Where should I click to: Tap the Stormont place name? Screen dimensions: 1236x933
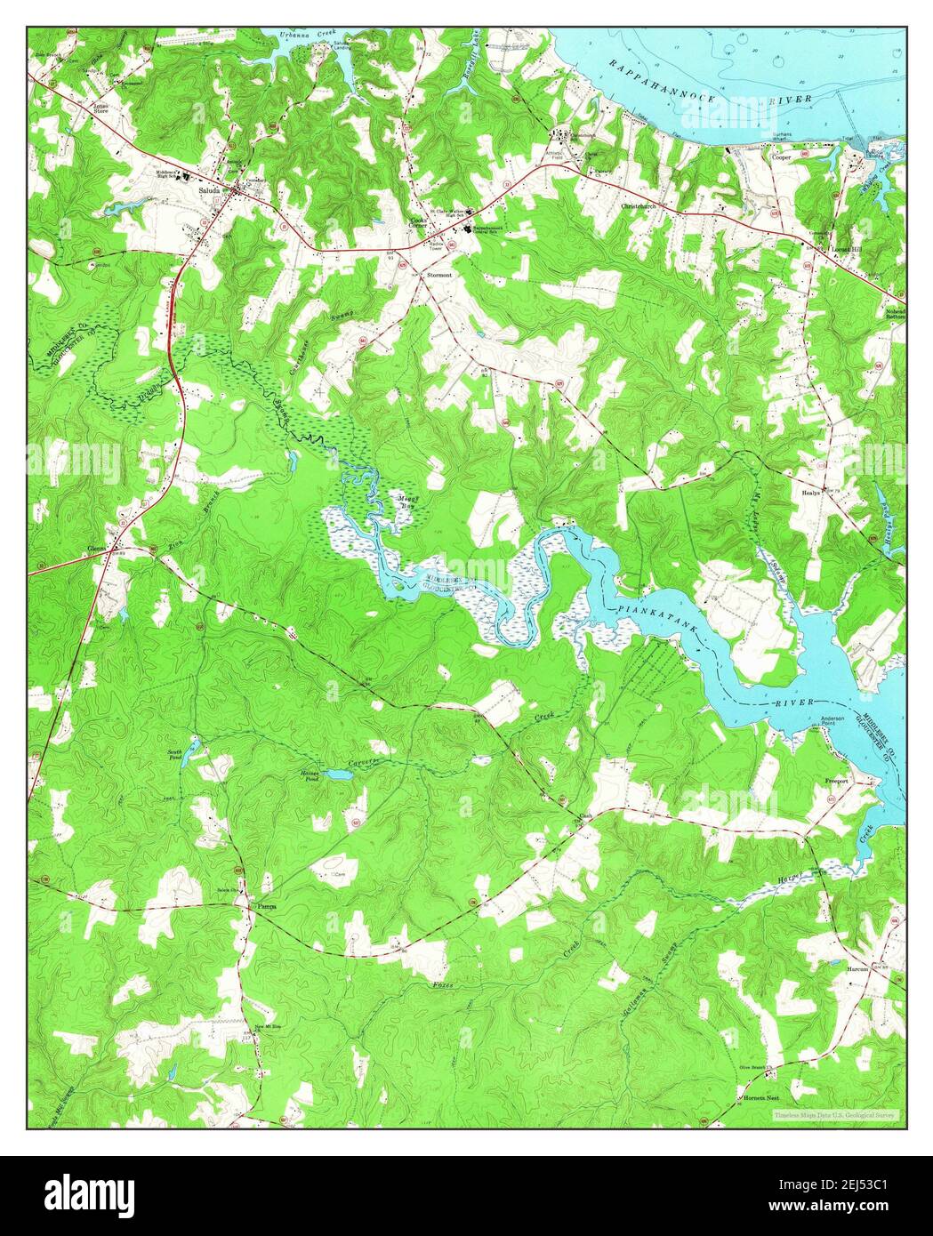(x=439, y=276)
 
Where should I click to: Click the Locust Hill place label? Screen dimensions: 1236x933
(x=848, y=249)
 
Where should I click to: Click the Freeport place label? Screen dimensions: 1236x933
(x=837, y=782)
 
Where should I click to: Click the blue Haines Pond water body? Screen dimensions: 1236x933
(x=338, y=775)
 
